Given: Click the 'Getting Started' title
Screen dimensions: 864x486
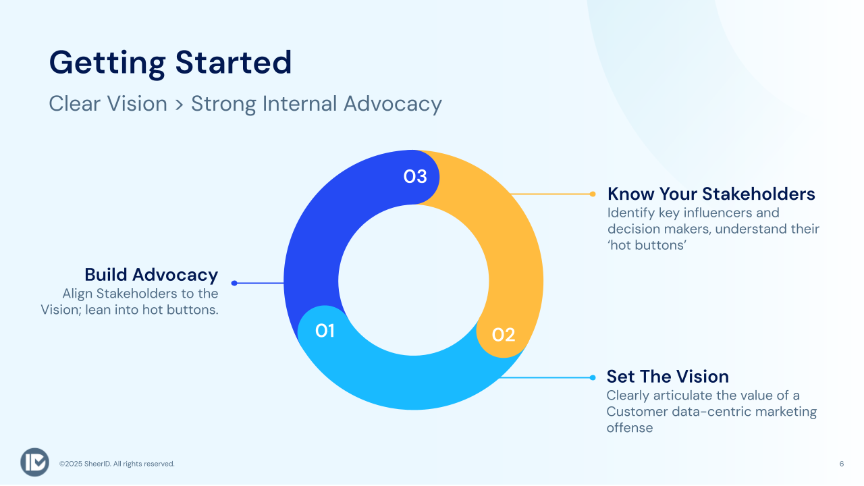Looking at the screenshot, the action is tap(170, 63).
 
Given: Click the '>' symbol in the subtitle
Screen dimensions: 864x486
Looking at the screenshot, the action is tap(179, 105).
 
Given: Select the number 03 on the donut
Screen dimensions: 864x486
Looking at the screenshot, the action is tap(415, 177).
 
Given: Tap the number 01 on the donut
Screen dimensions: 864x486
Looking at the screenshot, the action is tap(325, 331).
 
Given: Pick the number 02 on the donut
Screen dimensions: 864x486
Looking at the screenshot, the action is tap(504, 335).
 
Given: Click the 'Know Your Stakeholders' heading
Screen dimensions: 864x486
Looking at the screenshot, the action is tap(711, 194).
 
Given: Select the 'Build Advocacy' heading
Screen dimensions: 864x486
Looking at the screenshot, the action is tap(151, 275).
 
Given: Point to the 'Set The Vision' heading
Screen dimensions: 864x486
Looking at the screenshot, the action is tap(668, 377).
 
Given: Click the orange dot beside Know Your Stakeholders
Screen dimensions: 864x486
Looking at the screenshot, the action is tap(593, 194).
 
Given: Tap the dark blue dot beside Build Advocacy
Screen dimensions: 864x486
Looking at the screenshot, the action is tap(234, 283).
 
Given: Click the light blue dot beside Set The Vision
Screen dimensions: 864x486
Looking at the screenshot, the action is tap(593, 377).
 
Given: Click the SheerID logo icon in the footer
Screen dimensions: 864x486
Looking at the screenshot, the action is tap(34, 462).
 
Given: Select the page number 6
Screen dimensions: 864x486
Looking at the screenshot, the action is tap(842, 464).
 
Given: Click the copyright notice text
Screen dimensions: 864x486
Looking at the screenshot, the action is tap(117, 464).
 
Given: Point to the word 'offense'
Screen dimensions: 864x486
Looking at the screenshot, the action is tap(630, 428).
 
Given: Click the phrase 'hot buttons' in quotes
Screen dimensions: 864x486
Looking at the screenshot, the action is tap(647, 245).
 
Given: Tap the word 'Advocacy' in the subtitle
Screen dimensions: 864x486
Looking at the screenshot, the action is tap(393, 104).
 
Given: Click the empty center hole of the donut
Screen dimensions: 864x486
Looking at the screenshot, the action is tap(414, 280).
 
